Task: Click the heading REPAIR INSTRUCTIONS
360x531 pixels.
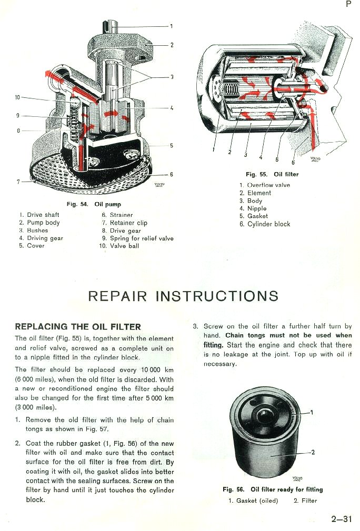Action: [x=183, y=296]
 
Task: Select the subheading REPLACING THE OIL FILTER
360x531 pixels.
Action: [x=78, y=327]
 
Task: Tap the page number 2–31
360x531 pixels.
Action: [x=342, y=519]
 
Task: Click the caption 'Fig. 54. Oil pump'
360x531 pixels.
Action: [x=93, y=204]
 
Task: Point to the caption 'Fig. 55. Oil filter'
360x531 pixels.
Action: [x=272, y=174]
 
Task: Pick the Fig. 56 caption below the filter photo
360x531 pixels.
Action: [x=273, y=489]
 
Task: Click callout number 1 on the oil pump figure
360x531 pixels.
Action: [x=171, y=26]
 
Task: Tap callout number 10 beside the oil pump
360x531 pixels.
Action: [x=17, y=97]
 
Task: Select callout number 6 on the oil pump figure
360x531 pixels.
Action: [x=171, y=174]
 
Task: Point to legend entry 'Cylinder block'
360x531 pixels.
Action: [x=268, y=224]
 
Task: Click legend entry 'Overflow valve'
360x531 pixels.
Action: [x=268, y=185]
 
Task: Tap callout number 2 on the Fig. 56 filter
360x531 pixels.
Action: [x=313, y=452]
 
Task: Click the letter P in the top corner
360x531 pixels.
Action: [x=348, y=4]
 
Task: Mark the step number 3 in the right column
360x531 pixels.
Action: [x=196, y=327]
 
